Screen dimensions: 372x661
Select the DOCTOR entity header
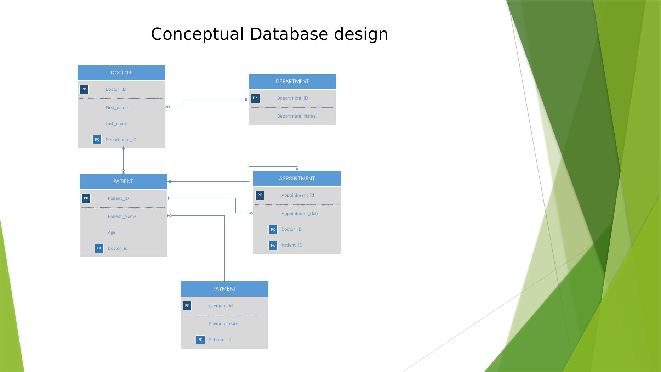tap(121, 73)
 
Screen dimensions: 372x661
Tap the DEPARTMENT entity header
tap(292, 81)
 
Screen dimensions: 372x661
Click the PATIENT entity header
tap(123, 181)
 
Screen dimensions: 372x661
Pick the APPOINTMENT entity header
tap(297, 179)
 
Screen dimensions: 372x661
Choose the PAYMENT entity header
tap(224, 289)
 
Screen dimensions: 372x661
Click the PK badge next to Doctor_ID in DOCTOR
tap(84, 89)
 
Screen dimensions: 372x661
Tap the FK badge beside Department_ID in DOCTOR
tap(97, 140)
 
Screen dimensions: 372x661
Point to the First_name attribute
tap(116, 108)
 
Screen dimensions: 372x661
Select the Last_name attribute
tap(116, 124)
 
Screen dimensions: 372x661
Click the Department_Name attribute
tap(296, 116)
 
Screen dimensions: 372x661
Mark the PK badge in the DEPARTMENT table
tap(255, 98)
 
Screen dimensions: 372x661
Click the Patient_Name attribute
tap(122, 216)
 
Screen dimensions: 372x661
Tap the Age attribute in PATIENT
tap(112, 232)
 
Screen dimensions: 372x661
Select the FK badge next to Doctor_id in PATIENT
tap(99, 248)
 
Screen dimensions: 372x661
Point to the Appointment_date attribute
tap(300, 214)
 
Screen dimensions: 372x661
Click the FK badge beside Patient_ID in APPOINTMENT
tap(273, 245)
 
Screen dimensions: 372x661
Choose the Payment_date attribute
tap(223, 324)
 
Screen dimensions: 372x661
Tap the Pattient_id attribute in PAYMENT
tap(220, 340)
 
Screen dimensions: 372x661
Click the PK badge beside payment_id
tap(187, 306)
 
